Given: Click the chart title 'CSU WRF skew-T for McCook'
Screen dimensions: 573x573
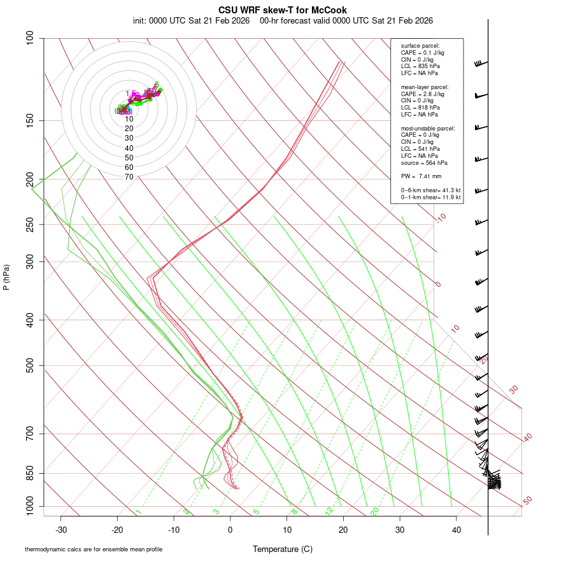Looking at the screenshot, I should [283, 10].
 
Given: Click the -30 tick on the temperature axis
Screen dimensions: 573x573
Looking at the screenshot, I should [61, 530].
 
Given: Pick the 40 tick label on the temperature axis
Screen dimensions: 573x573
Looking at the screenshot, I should [456, 530].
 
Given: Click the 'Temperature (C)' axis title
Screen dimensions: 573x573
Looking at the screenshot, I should [283, 549].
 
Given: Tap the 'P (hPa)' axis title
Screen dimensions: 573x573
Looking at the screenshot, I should [6, 278].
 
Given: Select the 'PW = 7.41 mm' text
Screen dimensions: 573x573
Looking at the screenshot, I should [421, 176].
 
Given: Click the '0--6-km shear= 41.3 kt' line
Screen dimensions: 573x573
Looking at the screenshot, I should [430, 190].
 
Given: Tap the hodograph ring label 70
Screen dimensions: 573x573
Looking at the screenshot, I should [129, 176].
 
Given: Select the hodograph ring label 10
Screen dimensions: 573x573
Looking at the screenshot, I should [129, 119].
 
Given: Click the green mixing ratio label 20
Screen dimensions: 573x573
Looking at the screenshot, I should [375, 511].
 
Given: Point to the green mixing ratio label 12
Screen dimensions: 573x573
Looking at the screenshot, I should [329, 511].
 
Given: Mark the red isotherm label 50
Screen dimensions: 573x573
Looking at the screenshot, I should [527, 500].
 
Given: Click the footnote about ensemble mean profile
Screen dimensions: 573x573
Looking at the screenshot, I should [94, 549].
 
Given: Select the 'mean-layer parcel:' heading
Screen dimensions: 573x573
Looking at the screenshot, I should [425, 87].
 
